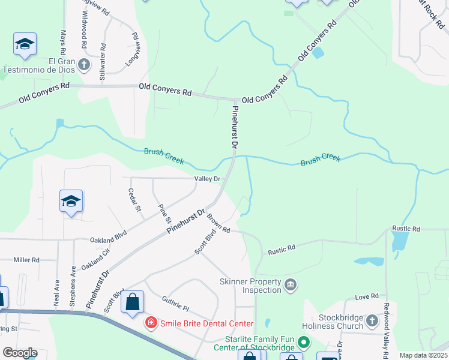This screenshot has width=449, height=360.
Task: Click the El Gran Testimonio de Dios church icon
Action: tap(84, 64)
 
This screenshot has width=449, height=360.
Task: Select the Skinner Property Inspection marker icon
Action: tap(291, 284)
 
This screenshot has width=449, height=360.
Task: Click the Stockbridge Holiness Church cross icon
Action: tap(372, 322)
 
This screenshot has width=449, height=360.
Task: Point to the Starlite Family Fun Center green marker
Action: tap(304, 343)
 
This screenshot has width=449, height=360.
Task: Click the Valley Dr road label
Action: tap(208, 179)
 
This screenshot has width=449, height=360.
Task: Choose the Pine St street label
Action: tap(163, 211)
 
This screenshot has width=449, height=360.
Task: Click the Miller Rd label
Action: tap(26, 260)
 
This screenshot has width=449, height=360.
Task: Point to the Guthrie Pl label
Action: tap(175, 304)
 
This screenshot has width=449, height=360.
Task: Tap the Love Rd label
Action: tap(366, 296)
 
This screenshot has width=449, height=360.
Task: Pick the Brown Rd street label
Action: tap(218, 224)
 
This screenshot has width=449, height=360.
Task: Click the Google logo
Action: tap(20, 352)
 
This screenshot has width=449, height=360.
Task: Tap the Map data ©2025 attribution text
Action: tap(423, 355)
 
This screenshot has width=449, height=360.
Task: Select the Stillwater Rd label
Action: tap(103, 62)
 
